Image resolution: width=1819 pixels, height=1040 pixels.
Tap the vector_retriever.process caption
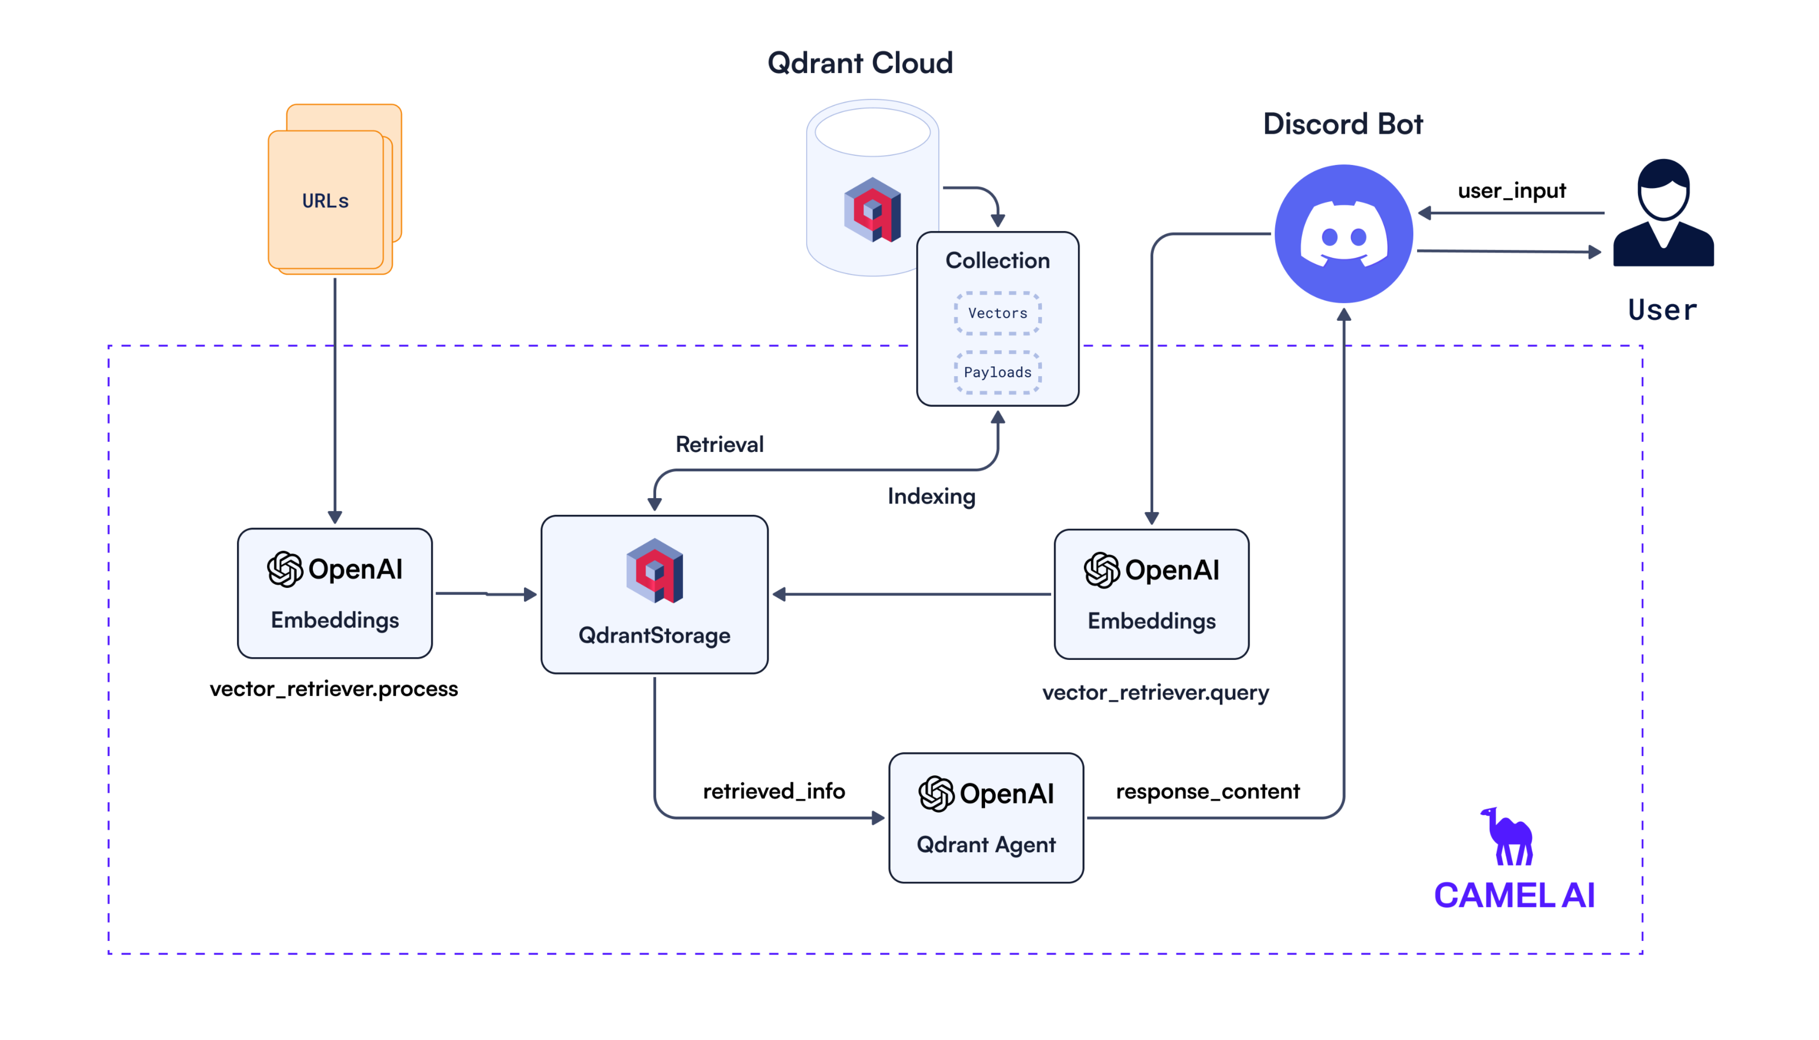[333, 688]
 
